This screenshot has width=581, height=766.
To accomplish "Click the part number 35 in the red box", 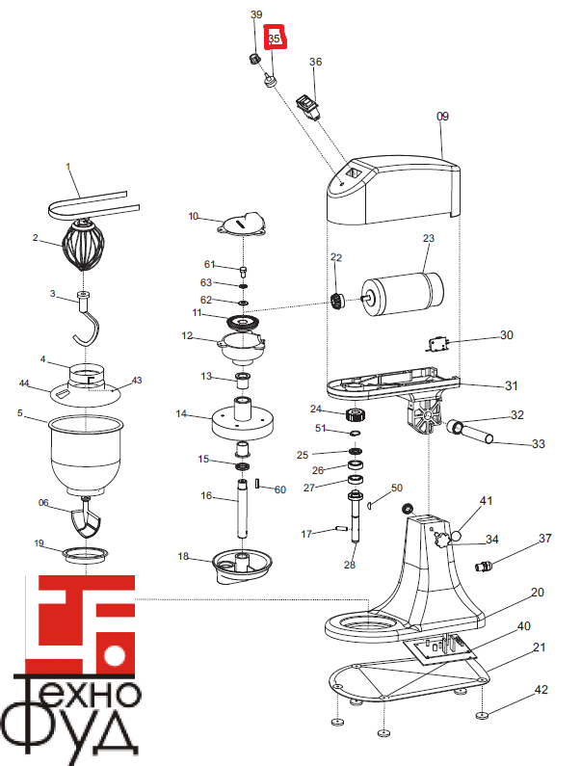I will (276, 39).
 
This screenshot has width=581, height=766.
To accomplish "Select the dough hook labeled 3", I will (87, 319).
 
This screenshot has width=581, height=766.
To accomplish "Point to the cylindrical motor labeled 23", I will (400, 292).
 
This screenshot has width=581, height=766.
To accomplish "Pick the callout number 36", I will (315, 63).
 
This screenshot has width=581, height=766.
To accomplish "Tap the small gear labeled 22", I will (338, 301).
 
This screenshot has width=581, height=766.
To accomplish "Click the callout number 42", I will (541, 690).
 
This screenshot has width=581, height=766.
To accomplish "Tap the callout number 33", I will (539, 444).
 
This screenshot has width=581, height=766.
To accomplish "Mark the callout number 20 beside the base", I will (538, 593).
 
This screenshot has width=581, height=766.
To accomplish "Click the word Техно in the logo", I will (78, 693).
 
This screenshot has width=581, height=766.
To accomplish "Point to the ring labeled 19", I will (83, 554).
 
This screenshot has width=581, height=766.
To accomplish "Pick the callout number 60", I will (280, 490).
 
